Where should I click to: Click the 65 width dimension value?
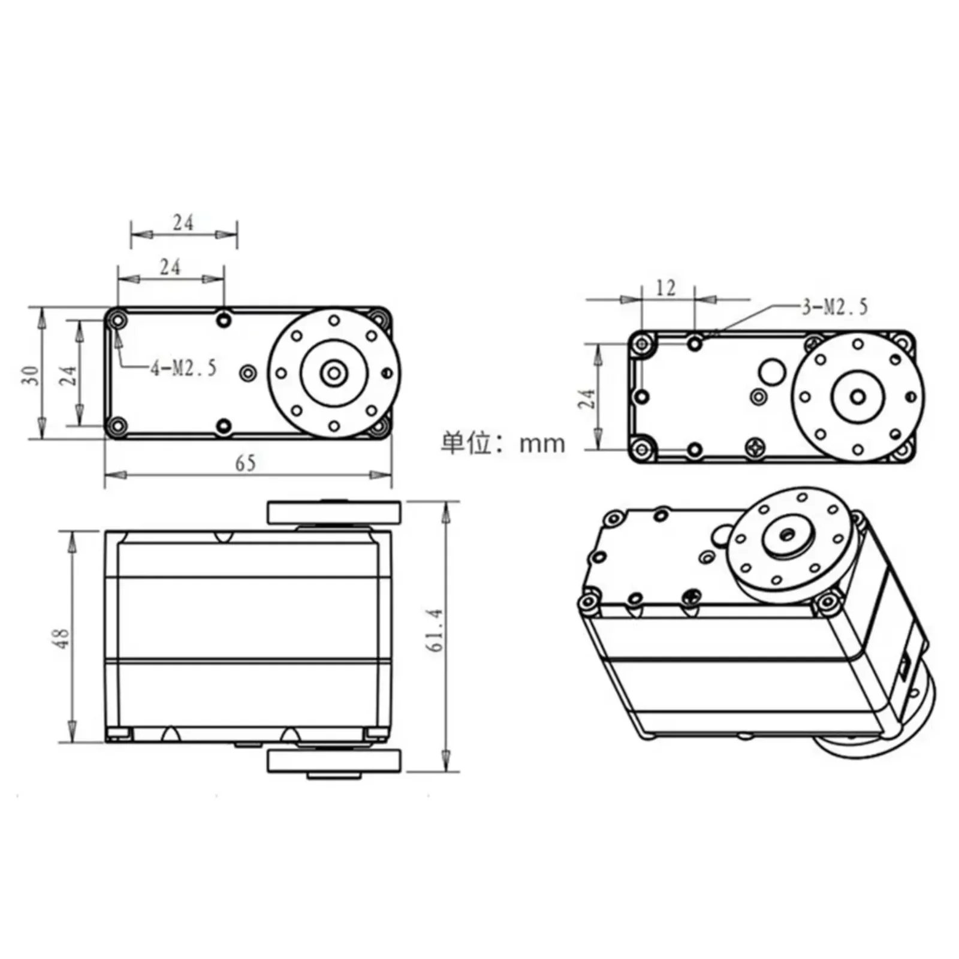click(245, 463)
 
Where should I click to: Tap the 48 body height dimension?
click(62, 638)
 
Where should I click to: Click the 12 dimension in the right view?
click(666, 288)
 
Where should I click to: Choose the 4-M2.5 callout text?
click(183, 368)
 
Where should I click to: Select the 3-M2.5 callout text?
click(835, 307)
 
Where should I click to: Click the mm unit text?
click(542, 444)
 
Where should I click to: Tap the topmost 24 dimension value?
click(183, 223)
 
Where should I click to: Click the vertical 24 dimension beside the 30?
click(68, 375)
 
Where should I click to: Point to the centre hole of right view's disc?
click(858, 397)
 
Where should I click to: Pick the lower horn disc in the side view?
click(334, 761)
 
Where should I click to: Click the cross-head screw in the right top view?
click(755, 447)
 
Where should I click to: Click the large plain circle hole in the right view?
click(771, 372)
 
